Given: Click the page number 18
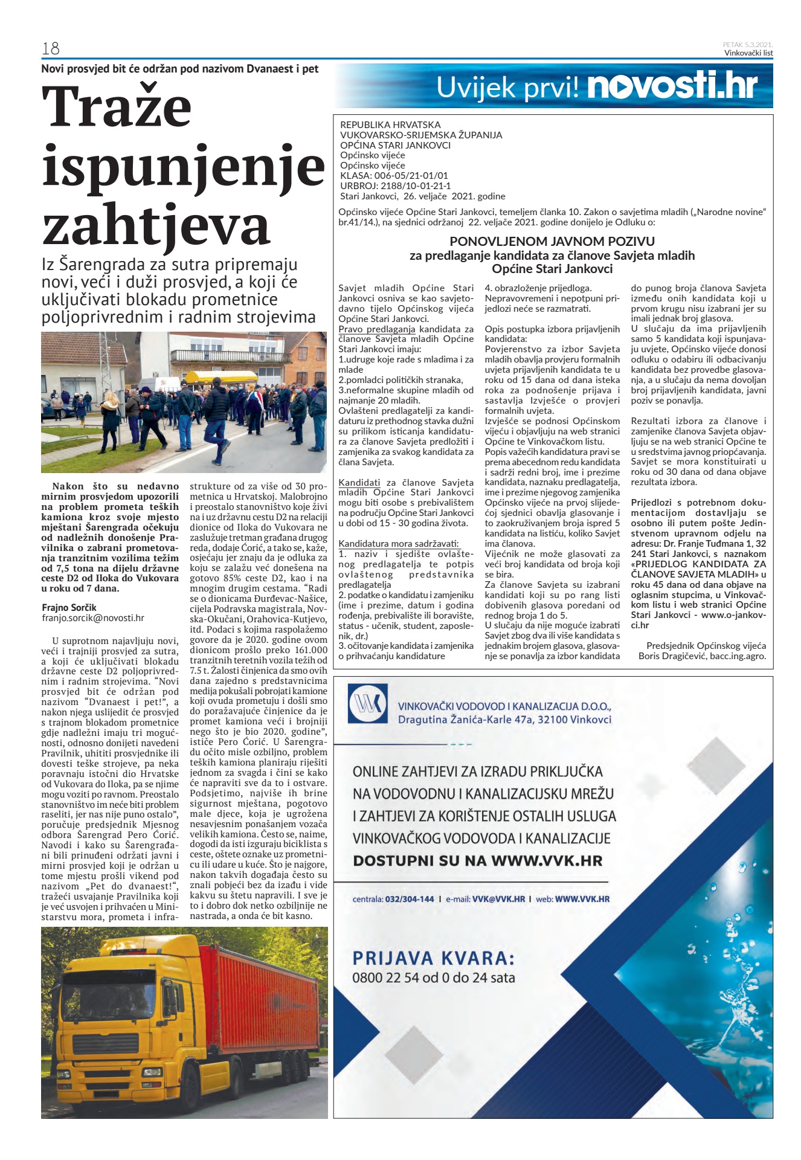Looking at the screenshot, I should pyautogui.click(x=51, y=48).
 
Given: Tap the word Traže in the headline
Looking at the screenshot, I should pyautogui.click(x=117, y=108).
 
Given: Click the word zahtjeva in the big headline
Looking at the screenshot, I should pyautogui.click(x=155, y=225).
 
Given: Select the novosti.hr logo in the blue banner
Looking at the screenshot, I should pyautogui.click(x=672, y=86).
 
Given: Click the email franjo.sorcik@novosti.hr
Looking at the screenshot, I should pyautogui.click(x=93, y=618).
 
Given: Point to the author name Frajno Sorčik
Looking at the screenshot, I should pyautogui.click(x=69, y=607).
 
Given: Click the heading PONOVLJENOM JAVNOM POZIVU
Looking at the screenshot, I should pyautogui.click(x=552, y=242).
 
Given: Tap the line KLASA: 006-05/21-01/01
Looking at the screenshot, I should pyautogui.click(x=394, y=176).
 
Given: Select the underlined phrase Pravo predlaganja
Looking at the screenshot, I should pyautogui.click(x=377, y=329).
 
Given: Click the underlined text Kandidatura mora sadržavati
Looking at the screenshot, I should pyautogui.click(x=399, y=544).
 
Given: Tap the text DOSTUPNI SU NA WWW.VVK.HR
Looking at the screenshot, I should pyautogui.click(x=478, y=861).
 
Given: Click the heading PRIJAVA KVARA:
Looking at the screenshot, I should pyautogui.click(x=434, y=958).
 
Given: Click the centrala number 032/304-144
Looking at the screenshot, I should pyautogui.click(x=410, y=899).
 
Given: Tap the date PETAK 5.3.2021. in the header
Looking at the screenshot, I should pyautogui.click(x=748, y=45).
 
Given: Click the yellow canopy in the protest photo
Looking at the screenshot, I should pyautogui.click(x=212, y=377).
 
